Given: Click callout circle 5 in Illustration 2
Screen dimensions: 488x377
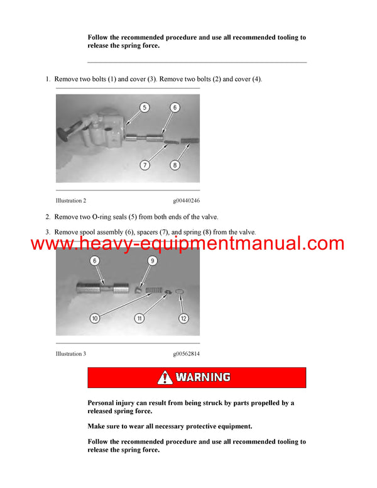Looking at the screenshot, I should tap(145, 108).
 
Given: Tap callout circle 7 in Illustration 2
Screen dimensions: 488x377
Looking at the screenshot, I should tap(145, 165).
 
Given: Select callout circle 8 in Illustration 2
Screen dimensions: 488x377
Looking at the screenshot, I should tap(175, 165).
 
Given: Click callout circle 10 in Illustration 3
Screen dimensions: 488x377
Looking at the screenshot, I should tap(95, 318).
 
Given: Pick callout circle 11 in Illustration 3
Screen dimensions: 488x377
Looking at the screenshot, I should tap(139, 318).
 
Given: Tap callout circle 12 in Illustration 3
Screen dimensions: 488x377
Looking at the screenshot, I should tap(183, 318).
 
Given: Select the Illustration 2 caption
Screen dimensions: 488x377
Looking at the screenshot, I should tap(71, 201).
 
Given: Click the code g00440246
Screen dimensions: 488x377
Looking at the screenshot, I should tap(187, 201).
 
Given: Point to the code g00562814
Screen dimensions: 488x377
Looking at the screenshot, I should tap(187, 354).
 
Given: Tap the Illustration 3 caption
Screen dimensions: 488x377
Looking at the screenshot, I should tap(71, 354).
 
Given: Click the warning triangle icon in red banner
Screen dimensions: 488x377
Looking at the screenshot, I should tap(165, 378).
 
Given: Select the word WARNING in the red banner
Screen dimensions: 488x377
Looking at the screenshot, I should tap(202, 378).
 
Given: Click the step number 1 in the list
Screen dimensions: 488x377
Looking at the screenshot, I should tap(48, 79).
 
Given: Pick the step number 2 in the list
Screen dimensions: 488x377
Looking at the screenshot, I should tap(48, 217).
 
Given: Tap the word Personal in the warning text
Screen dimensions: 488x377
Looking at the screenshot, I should tap(102, 402).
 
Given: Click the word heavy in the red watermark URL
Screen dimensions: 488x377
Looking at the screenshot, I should tap(111, 243).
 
